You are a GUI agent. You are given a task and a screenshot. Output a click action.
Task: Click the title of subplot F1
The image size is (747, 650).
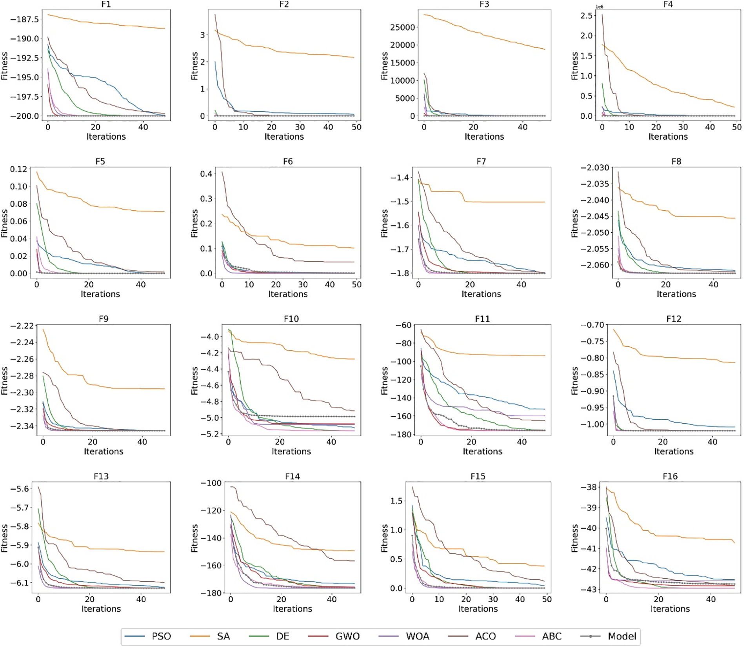pyautogui.click(x=106, y=4)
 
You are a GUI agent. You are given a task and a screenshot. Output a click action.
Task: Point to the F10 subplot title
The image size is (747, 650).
pyautogui.click(x=291, y=319)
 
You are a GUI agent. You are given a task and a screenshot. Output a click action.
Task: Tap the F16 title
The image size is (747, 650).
pyautogui.click(x=670, y=476)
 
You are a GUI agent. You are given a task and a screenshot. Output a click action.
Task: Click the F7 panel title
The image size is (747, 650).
pyautogui.click(x=481, y=161)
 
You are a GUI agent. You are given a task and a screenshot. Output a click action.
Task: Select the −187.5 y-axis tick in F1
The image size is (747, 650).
pyautogui.click(x=24, y=19)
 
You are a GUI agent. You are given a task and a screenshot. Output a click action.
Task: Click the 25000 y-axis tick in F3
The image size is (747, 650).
pyautogui.click(x=402, y=27)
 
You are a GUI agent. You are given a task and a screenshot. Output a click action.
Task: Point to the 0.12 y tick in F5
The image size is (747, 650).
pyautogui.click(x=18, y=169)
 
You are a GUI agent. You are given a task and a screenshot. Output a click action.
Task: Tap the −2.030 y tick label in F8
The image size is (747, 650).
pyautogui.click(x=595, y=168)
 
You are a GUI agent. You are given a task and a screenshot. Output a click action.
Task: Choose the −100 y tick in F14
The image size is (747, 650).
pyautogui.click(x=211, y=483)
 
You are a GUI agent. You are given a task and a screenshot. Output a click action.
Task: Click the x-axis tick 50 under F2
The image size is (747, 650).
pyautogui.click(x=356, y=127)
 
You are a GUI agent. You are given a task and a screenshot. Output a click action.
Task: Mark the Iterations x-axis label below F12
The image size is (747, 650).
pyautogui.click(x=673, y=451)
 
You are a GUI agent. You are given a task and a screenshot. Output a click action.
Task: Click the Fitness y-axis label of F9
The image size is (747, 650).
pyautogui.click(x=4, y=380)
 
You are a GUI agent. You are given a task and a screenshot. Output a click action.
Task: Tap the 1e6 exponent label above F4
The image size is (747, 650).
pyautogui.click(x=599, y=7)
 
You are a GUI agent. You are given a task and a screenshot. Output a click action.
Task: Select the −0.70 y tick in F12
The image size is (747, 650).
pyautogui.click(x=592, y=325)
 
